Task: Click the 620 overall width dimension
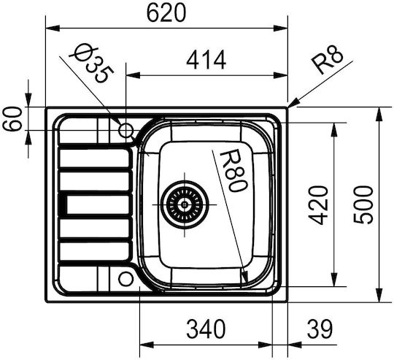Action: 166,12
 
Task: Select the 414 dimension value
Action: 206,60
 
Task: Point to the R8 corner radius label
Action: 327,61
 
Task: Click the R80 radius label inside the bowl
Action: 233,170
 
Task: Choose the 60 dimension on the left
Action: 13,118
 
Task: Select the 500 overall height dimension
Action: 363,204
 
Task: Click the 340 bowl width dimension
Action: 206,329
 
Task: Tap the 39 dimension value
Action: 320,329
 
